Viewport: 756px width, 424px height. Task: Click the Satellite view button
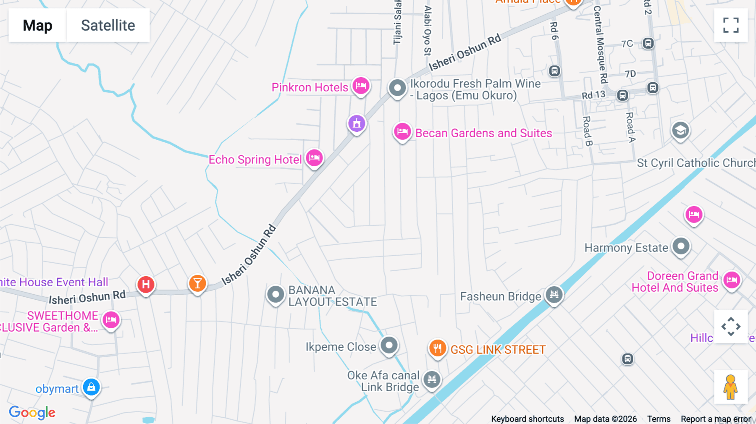pos(108,25)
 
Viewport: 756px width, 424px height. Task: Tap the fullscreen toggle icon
pos(731,25)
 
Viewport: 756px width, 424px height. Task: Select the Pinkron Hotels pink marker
pos(361,86)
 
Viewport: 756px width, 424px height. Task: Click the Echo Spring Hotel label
pos(255,160)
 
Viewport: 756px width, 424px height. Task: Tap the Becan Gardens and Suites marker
pos(402,132)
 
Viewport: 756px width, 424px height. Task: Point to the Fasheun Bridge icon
pos(554,294)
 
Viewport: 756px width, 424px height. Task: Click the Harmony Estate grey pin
pos(681,246)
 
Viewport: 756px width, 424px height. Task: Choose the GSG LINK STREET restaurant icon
pos(437,348)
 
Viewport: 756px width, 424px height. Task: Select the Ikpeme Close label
pos(341,347)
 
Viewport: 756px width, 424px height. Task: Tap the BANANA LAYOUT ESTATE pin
pos(276,294)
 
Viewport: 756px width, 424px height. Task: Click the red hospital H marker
pos(146,284)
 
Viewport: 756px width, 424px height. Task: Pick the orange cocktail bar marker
pos(197,283)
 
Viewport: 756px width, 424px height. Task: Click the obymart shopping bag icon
pos(91,387)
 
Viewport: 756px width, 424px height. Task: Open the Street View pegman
pos(730,387)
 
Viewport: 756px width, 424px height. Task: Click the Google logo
pos(32,413)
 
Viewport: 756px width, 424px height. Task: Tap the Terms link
pos(659,419)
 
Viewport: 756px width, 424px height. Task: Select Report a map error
pos(716,419)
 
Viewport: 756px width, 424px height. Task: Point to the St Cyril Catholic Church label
pos(696,163)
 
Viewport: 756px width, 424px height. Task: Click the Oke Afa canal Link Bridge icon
pos(432,380)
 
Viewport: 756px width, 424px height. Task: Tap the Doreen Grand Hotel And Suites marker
pos(732,280)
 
